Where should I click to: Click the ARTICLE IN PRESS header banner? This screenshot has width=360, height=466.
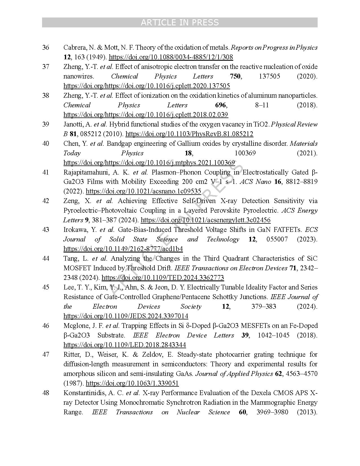180,23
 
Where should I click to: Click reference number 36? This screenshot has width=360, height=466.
46,47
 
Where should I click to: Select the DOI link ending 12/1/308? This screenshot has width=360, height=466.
171,57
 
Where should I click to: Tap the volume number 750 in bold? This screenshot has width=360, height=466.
235,76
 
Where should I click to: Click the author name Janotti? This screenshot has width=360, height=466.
74,124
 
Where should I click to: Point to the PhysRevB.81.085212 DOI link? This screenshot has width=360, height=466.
189,134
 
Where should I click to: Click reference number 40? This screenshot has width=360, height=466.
46,143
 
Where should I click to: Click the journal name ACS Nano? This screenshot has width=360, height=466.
255,182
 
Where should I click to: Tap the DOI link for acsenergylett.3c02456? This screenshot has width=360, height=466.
205,220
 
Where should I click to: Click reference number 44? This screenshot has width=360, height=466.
46,258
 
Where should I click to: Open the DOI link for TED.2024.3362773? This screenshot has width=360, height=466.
163,278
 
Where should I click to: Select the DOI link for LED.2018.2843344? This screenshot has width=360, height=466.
125,345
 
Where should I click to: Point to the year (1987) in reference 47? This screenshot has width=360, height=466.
73,383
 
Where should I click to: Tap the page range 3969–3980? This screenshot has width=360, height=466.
272,412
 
